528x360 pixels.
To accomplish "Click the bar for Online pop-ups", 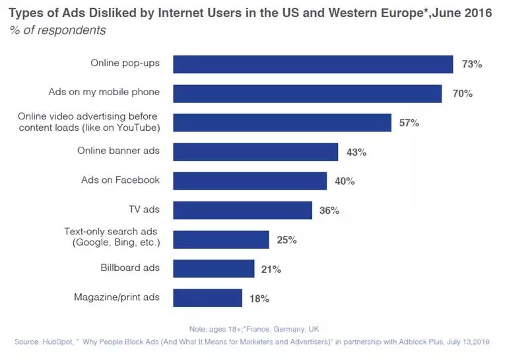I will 313,64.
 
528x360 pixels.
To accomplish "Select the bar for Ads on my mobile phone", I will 307,93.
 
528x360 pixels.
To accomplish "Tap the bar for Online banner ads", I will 255,152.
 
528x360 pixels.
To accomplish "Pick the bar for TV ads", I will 242,210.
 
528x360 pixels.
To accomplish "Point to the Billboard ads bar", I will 213,269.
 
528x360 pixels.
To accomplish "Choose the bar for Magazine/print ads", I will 207,298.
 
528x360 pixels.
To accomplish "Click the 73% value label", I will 472,65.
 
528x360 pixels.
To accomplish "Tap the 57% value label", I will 409,123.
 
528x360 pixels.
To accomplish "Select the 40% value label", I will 345,181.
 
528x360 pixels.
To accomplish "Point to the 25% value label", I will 286,240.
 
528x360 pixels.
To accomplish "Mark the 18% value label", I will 259,299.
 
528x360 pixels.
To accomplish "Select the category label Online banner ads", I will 118,151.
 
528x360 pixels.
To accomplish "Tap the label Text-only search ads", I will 115,231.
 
